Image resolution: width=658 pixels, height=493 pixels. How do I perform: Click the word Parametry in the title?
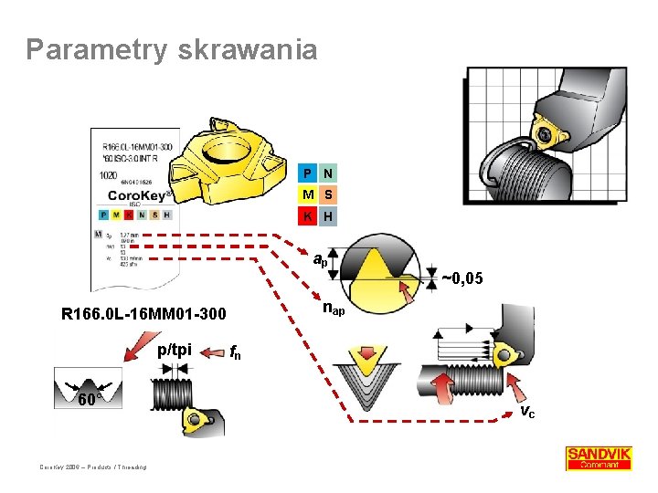coord(93,49)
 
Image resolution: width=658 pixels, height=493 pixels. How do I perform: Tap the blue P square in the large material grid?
coord(308,173)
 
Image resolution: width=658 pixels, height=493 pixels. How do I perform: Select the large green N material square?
coord(327,173)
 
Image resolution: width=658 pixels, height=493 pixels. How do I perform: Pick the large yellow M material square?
coord(308,194)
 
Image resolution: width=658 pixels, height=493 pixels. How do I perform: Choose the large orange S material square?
coord(327,194)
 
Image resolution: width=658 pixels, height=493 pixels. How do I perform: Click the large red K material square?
coord(308,216)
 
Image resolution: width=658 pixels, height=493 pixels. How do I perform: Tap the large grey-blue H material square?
coord(327,216)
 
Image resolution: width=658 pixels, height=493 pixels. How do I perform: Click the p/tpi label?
coord(174,350)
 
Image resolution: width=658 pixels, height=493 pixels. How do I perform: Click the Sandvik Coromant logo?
coord(599,457)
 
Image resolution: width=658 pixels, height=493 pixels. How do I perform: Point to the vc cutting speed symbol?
coord(527,412)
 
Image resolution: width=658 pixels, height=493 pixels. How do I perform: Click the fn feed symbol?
coord(235,351)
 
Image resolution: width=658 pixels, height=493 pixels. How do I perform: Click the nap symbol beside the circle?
coord(334,309)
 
